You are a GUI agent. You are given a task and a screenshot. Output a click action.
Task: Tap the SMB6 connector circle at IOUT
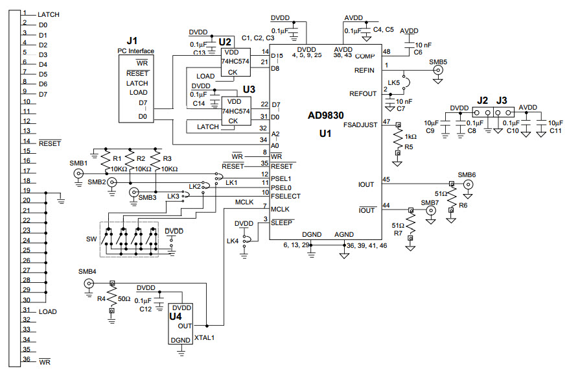coord(466,184)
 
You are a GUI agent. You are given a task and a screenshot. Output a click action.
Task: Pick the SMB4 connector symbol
coord(89,284)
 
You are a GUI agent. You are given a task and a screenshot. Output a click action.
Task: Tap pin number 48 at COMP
coord(387,51)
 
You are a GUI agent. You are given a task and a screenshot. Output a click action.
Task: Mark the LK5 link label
coord(393,83)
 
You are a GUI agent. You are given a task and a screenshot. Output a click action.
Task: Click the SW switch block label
coord(91,239)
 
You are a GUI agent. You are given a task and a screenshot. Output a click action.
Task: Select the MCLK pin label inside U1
coord(280,209)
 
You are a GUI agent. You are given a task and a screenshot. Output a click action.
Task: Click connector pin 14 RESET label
coord(49,142)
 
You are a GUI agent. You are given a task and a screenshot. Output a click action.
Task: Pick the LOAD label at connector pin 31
coord(47,311)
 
